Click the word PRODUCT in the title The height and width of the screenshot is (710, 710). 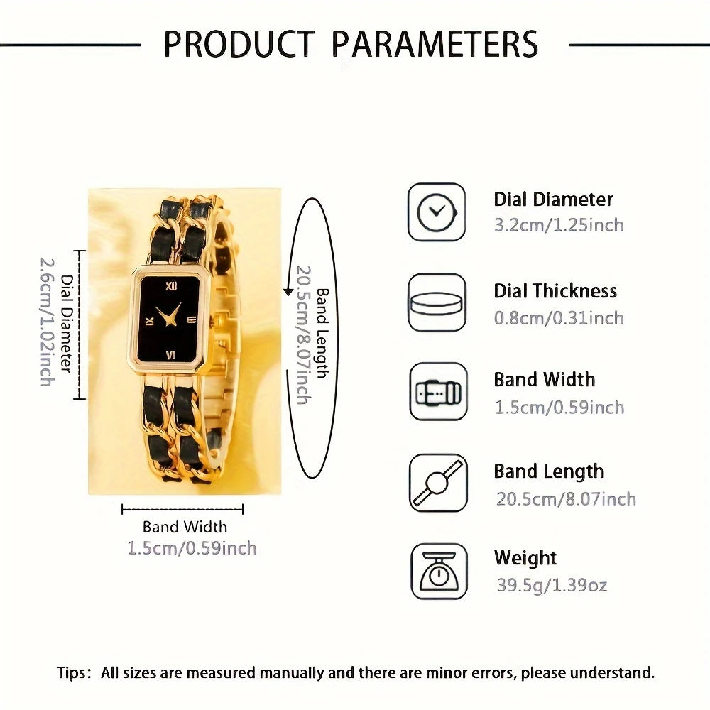[239, 43]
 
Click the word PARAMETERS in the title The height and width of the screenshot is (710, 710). [435, 43]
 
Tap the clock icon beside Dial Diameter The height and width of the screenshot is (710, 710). [437, 212]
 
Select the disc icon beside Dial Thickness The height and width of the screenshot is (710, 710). [437, 302]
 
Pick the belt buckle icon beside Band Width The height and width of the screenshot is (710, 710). [438, 392]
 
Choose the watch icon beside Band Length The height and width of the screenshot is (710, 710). [438, 483]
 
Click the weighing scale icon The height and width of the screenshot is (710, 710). [439, 572]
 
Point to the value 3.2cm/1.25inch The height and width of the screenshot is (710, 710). [559, 225]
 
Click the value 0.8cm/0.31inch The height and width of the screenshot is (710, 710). [559, 318]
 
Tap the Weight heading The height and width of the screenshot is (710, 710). [525, 558]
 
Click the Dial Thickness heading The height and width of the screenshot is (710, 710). [555, 290]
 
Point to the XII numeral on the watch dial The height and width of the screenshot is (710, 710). [171, 285]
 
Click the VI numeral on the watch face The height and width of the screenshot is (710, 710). [170, 354]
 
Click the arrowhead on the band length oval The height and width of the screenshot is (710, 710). [288, 292]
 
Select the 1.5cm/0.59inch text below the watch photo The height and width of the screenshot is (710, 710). [192, 548]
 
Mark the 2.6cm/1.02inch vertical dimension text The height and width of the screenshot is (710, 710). [48, 322]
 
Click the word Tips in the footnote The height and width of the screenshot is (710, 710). [71, 673]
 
